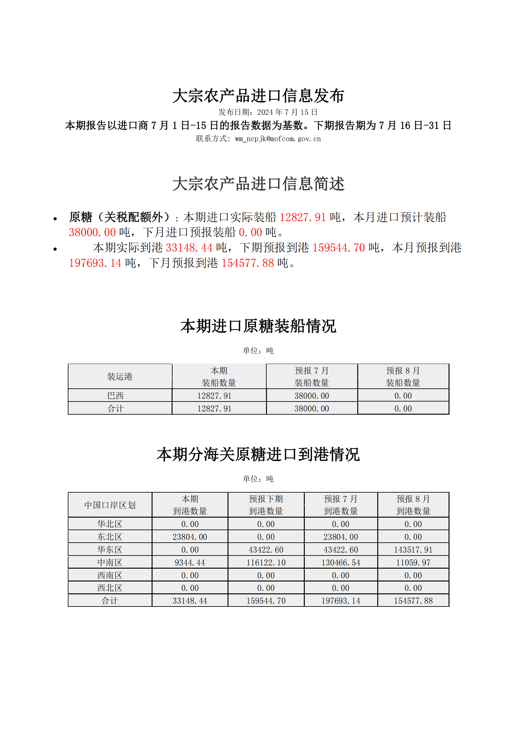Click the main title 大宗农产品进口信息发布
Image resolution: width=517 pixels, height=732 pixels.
point(258,96)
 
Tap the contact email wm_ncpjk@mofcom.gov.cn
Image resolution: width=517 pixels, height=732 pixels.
point(278,139)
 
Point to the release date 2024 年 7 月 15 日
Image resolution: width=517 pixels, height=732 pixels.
point(287,112)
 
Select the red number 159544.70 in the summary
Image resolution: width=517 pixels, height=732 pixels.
point(339,248)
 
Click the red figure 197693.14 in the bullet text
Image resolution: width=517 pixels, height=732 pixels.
point(95,263)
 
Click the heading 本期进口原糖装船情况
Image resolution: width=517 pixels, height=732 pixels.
point(258,326)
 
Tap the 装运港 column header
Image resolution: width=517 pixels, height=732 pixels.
point(120,376)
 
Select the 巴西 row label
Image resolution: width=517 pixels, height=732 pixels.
point(115,396)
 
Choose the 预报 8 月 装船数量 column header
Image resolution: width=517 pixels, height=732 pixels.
point(403,376)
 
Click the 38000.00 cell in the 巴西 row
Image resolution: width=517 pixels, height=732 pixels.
point(312,396)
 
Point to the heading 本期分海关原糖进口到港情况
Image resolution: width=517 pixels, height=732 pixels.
point(258,454)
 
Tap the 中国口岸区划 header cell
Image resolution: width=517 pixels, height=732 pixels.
point(110,505)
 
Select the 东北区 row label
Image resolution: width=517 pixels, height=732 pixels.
point(110,537)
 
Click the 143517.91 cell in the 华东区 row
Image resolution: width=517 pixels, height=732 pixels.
point(413,550)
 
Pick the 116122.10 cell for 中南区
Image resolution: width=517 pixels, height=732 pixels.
point(266,563)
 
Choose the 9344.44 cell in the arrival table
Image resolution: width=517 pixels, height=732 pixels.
point(190,563)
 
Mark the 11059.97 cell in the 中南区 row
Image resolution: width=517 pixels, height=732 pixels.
point(413,563)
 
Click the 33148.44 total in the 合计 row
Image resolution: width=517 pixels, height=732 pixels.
point(190,601)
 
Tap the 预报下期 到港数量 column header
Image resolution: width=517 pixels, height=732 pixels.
point(266,505)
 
